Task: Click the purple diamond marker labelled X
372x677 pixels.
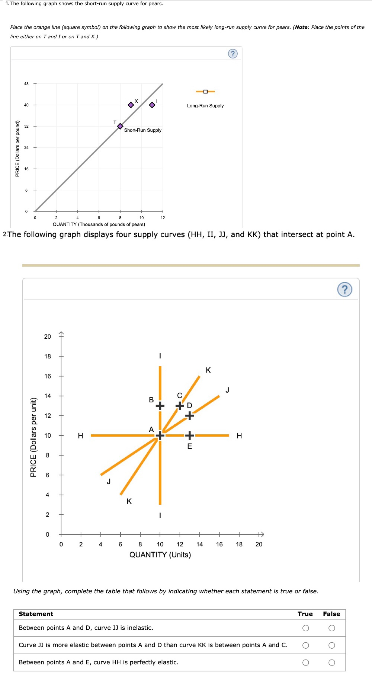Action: point(131,105)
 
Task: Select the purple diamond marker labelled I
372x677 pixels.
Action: point(152,105)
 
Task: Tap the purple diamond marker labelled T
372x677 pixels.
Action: point(120,127)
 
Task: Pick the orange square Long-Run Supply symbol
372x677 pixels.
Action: point(205,92)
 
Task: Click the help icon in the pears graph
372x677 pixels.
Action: point(232,54)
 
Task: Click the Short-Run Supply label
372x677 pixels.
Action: point(142,130)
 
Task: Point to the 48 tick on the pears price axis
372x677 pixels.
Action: point(26,84)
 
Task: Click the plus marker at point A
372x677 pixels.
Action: point(160,435)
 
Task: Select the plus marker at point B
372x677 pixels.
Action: point(160,406)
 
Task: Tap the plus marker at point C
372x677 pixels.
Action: point(180,406)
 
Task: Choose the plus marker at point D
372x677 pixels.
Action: point(190,415)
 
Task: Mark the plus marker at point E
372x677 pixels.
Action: point(190,435)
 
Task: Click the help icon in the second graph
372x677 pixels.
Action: point(345,289)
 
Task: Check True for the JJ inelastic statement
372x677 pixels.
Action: point(306,628)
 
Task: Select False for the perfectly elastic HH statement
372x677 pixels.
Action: point(332,662)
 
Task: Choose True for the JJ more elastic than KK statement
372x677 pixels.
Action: point(306,645)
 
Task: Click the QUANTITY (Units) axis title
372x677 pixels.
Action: point(160,555)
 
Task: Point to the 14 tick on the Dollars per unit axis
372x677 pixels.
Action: point(48,396)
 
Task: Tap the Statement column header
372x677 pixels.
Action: point(36,614)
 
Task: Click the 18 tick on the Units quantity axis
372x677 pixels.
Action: point(239,544)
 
